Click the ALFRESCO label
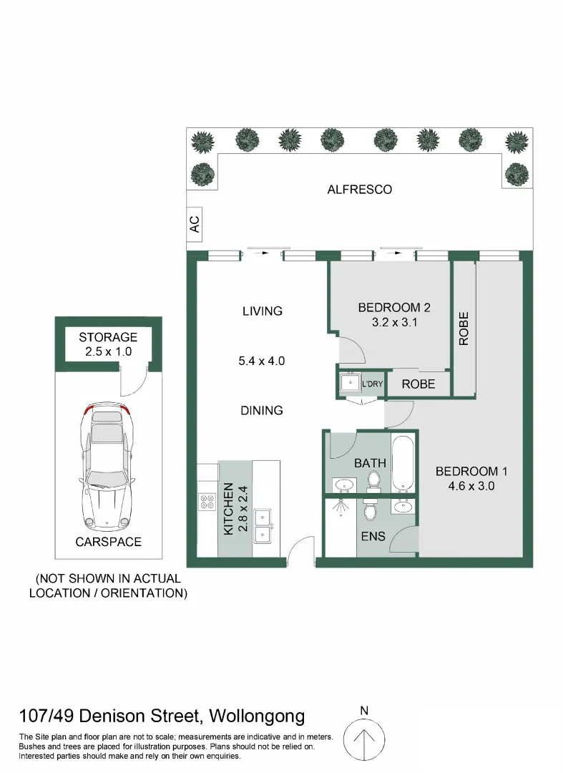pyautogui.click(x=360, y=190)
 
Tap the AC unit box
pyautogui.click(x=194, y=224)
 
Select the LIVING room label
pyautogui.click(x=262, y=311)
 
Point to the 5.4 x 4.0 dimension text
pyautogui.click(x=262, y=361)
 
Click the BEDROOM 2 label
pyautogui.click(x=393, y=308)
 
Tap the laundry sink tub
pyautogui.click(x=351, y=383)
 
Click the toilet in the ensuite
pyautogui.click(x=369, y=511)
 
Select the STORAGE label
pyautogui.click(x=108, y=337)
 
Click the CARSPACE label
pyautogui.click(x=108, y=542)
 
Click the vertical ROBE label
pyautogui.click(x=464, y=329)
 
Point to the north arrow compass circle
pyautogui.click(x=364, y=737)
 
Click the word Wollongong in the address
pyautogui.click(x=260, y=716)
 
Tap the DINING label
pyautogui.click(x=262, y=410)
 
